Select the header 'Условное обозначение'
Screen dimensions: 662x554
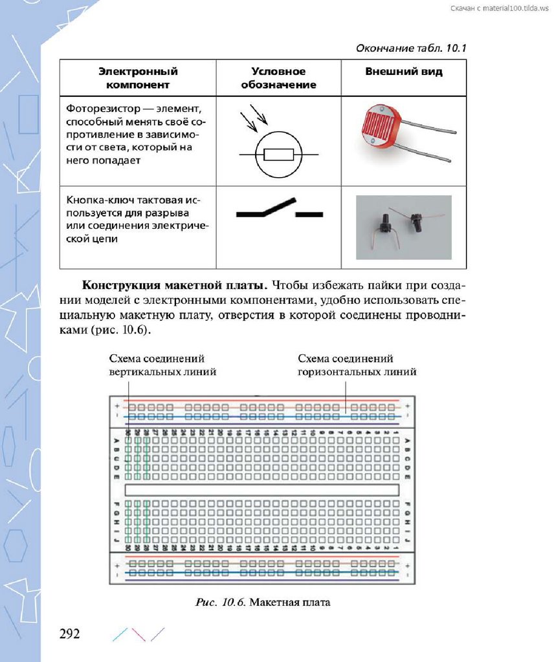click(x=278, y=78)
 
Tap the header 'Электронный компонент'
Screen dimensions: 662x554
click(x=138, y=78)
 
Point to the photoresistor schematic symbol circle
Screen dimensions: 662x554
click(x=278, y=155)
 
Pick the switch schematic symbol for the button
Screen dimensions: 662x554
click(x=279, y=210)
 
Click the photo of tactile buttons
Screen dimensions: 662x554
click(x=403, y=227)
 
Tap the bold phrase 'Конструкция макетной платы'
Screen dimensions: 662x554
click(x=174, y=285)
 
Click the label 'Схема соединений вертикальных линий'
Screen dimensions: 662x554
click(x=162, y=365)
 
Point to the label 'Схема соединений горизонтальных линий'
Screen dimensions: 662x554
click(x=356, y=365)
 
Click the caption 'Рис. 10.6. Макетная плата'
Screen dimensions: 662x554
click(x=263, y=603)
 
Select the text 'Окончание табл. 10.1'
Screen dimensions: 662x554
click(x=412, y=48)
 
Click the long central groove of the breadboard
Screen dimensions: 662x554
click(x=261, y=490)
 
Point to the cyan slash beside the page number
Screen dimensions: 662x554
click(x=119, y=634)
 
